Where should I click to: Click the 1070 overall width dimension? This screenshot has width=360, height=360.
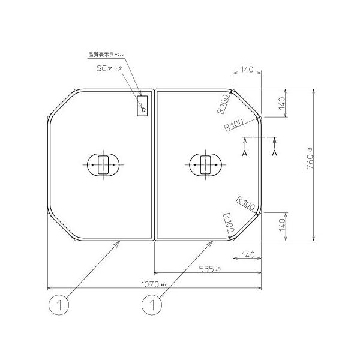pos(154,284)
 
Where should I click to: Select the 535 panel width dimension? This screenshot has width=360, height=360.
pos(209,269)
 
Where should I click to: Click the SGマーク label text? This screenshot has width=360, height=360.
pos(109,68)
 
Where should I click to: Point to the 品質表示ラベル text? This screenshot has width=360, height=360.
pos(106,55)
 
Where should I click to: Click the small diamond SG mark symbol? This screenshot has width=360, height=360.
pos(143,110)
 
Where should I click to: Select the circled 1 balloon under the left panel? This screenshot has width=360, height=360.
pos(59,305)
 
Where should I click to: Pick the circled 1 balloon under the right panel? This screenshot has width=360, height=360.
pos(152,305)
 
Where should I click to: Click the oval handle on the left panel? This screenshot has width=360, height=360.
pos(103,165)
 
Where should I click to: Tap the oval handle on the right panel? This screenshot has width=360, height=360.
pos(205,165)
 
